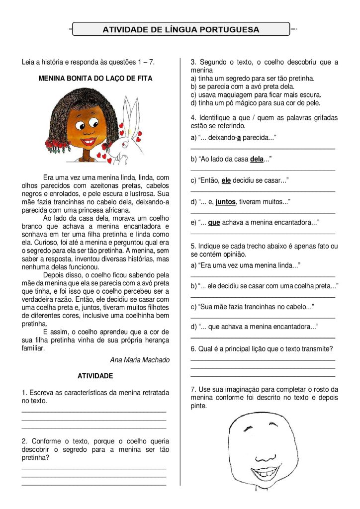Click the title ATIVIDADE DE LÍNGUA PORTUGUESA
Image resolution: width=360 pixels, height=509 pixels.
click(x=181, y=29)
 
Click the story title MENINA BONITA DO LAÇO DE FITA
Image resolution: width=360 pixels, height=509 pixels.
click(x=95, y=79)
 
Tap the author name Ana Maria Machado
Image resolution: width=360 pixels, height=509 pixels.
click(x=140, y=360)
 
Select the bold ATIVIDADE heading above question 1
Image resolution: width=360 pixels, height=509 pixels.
click(x=95, y=376)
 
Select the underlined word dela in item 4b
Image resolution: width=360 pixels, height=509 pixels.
click(x=256, y=159)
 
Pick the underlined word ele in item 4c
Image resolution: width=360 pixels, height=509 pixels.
click(x=226, y=180)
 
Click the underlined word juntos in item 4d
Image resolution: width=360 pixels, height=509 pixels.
click(x=225, y=202)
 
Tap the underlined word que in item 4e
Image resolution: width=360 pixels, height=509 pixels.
click(x=214, y=223)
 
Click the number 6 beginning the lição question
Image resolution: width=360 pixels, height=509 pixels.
click(x=193, y=348)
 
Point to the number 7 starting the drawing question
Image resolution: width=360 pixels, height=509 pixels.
click(x=193, y=389)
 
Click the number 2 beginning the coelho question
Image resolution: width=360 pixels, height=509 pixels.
click(x=24, y=441)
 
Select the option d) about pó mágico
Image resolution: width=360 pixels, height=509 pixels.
click(x=256, y=103)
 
